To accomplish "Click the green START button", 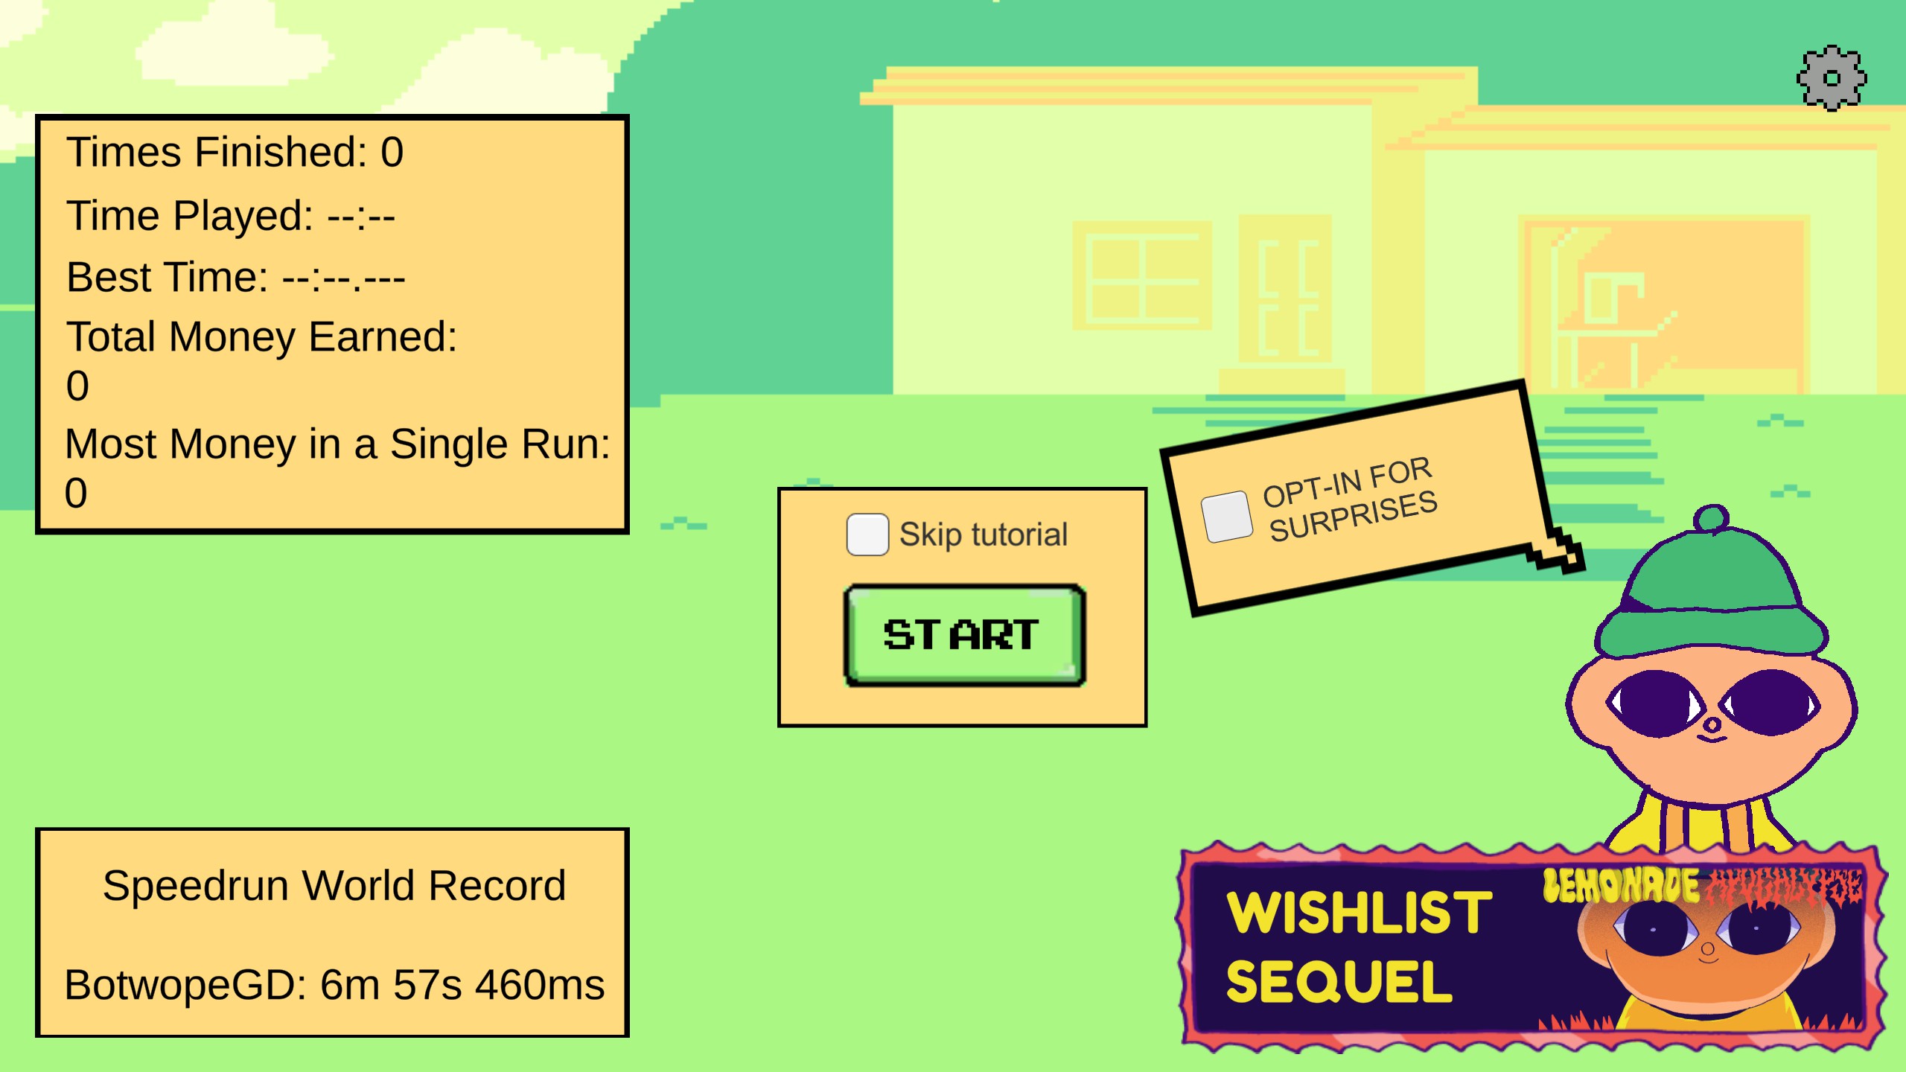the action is tap(964, 635).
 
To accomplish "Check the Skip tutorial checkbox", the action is tap(867, 535).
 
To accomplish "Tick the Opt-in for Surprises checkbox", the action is tap(1226, 517).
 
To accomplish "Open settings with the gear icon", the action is tap(1832, 78).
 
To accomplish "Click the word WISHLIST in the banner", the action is tap(1360, 912).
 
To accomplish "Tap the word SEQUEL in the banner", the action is tap(1339, 982).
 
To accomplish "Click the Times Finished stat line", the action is tap(235, 153).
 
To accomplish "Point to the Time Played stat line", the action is tap(230, 216).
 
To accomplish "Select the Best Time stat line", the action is tap(235, 278).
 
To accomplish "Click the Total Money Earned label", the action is tap(261, 337).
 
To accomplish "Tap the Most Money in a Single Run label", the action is tap(337, 444).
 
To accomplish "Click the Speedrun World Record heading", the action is tap(334, 886).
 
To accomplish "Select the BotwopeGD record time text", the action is tap(334, 985).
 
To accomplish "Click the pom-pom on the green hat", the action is tap(1711, 518).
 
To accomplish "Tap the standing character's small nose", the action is tap(1712, 724).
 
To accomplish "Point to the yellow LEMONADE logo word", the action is tap(1621, 886).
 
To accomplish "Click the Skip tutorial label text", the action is tap(983, 535).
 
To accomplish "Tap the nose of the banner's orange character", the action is tap(1708, 948).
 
